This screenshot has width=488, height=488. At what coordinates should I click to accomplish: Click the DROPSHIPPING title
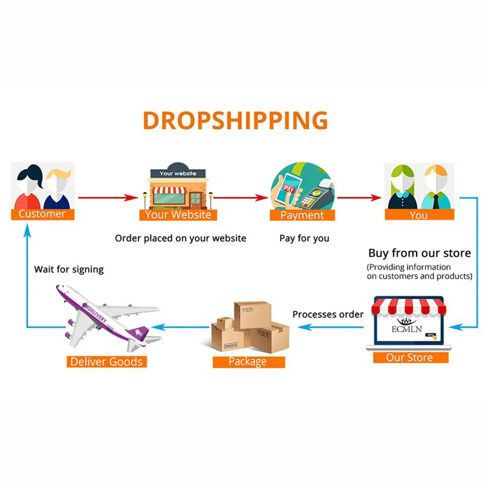(235, 120)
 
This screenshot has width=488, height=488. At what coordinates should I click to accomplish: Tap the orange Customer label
(42, 214)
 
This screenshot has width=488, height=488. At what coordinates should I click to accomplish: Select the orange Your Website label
(178, 215)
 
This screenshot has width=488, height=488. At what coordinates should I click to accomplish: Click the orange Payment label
(302, 215)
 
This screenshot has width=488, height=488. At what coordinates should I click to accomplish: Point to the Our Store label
(410, 357)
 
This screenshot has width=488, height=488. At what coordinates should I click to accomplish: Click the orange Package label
(248, 362)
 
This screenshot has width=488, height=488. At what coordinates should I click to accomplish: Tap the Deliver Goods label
(106, 362)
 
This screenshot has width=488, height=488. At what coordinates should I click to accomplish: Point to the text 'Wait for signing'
(69, 269)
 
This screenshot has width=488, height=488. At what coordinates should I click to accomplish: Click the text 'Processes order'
(328, 314)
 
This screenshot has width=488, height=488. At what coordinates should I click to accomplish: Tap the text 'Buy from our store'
(419, 253)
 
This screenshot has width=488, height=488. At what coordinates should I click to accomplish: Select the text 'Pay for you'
(304, 238)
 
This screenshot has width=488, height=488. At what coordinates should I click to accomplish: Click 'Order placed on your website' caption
(181, 238)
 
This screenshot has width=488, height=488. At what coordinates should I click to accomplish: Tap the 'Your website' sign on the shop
(178, 173)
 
